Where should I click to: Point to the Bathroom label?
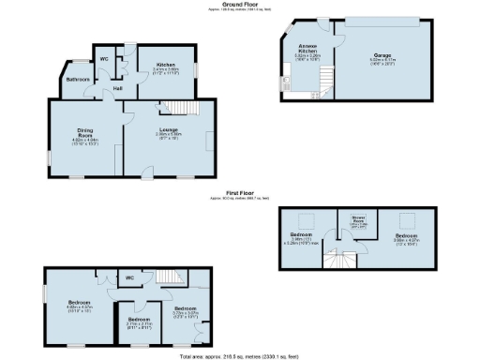pyautogui.click(x=77, y=80)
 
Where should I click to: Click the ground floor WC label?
pyautogui.click(x=104, y=59)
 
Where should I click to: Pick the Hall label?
pyautogui.click(x=118, y=88)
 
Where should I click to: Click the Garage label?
pyautogui.click(x=379, y=55)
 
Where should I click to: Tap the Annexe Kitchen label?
pyautogui.click(x=307, y=50)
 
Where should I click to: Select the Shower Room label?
pyautogui.click(x=357, y=221)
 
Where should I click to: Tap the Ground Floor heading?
pyautogui.click(x=240, y=4)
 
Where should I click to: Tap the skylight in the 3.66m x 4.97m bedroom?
pyautogui.click(x=410, y=217)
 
